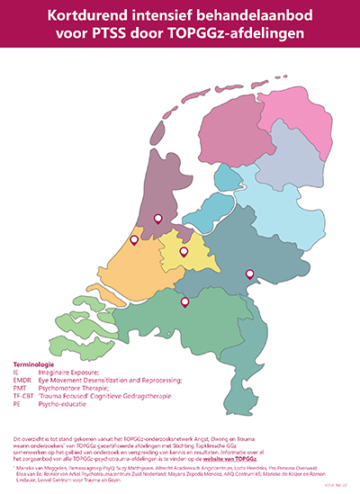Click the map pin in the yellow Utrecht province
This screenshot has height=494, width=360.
tap(184, 252)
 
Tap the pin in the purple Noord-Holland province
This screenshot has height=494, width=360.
tap(157, 218)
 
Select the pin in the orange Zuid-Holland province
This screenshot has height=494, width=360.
tap(135, 240)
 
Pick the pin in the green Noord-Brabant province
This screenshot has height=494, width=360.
tap(184, 302)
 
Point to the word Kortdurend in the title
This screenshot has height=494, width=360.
tap(94, 15)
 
